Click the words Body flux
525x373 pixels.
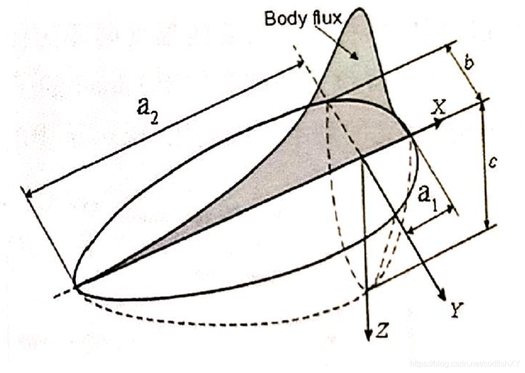pos(303,18)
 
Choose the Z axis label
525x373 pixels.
pos(382,332)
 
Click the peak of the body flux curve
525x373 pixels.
pos(360,9)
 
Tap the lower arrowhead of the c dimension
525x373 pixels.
pos(487,225)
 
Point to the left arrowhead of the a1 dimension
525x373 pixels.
pos(410,231)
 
